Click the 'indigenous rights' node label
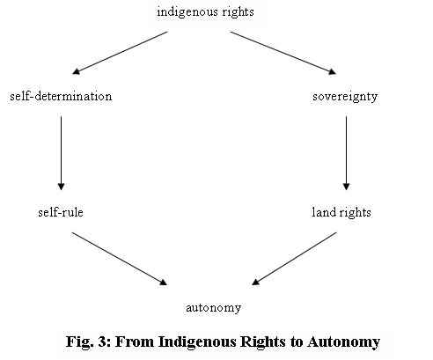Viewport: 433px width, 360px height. (x=205, y=12)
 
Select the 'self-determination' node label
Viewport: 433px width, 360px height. (x=61, y=96)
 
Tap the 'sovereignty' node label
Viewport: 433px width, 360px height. (x=345, y=97)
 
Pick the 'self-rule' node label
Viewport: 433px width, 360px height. (x=61, y=212)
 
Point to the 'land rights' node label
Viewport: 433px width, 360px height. (x=341, y=213)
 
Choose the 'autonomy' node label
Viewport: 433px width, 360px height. (x=214, y=308)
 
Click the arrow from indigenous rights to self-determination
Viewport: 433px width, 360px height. (x=120, y=53)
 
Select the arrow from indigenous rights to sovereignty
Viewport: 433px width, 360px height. (x=283, y=53)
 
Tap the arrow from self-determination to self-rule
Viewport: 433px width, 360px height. (x=61, y=153)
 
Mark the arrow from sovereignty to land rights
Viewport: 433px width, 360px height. (x=346, y=153)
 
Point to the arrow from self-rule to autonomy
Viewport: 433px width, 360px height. (x=120, y=259)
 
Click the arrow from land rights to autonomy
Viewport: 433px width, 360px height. (x=294, y=259)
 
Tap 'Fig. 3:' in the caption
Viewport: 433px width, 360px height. (x=88, y=342)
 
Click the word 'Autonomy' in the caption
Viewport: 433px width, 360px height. (x=344, y=342)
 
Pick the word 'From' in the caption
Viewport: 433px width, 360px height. (x=135, y=342)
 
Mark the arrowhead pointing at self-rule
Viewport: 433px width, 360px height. (x=61, y=187)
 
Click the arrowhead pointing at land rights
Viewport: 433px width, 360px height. (x=346, y=187)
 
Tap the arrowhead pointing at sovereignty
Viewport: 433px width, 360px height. (x=333, y=71)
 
